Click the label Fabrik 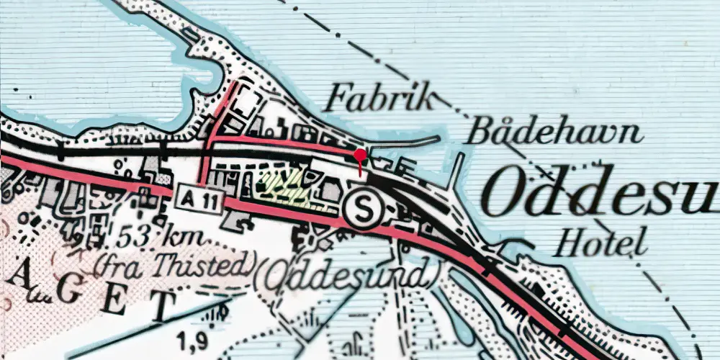pos(379,99)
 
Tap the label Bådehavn pos(554,132)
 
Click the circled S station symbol pos(359,208)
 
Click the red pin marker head pos(360,155)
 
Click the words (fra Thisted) pos(174,266)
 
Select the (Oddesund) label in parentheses pos(348,275)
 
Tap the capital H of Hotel pos(568,241)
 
